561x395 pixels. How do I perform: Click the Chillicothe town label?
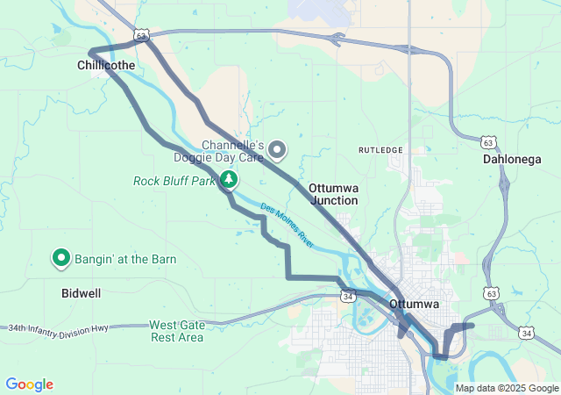pyautogui.click(x=105, y=65)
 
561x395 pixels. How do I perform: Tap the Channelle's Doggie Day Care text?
pyautogui.click(x=234, y=151)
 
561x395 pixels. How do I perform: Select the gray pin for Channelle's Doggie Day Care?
pyautogui.click(x=278, y=150)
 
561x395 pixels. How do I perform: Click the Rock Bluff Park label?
pyautogui.click(x=174, y=182)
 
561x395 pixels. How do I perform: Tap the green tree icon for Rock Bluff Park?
pyautogui.click(x=229, y=180)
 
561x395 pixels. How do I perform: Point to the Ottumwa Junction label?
pyautogui.click(x=333, y=194)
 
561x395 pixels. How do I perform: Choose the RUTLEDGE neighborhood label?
pyautogui.click(x=380, y=150)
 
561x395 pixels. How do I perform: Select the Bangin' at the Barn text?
pyautogui.click(x=125, y=259)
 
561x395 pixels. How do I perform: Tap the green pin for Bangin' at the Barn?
pyautogui.click(x=62, y=258)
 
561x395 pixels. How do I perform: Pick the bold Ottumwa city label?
pyautogui.click(x=413, y=304)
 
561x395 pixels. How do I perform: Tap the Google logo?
pyautogui.click(x=29, y=384)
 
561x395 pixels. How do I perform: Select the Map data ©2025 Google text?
pyautogui.click(x=506, y=388)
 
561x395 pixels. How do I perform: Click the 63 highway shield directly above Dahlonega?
pyautogui.click(x=489, y=141)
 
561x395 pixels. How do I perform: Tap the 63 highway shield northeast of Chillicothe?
pyautogui.click(x=143, y=35)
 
